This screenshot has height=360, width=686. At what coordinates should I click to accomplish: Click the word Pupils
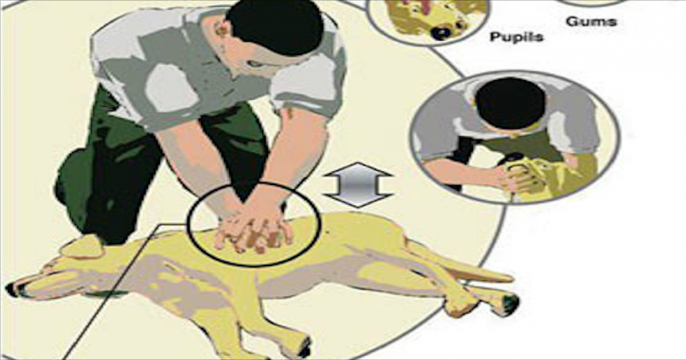click(517, 37)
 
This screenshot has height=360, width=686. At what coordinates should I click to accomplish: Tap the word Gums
click(591, 21)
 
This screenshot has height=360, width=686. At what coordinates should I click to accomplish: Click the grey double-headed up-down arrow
click(358, 184)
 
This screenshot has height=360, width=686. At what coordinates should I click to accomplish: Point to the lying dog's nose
click(12, 290)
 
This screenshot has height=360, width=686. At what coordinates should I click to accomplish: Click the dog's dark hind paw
click(509, 305)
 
